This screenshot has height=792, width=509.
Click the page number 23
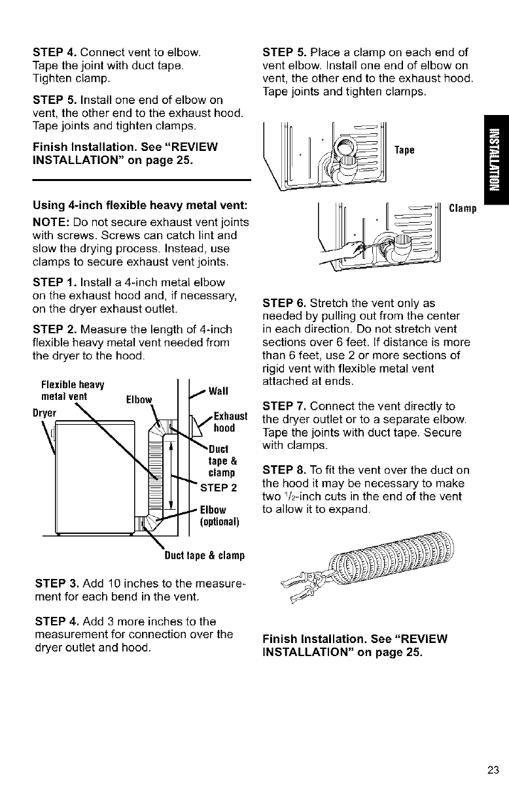493,768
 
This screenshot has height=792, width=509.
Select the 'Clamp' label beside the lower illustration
464,208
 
